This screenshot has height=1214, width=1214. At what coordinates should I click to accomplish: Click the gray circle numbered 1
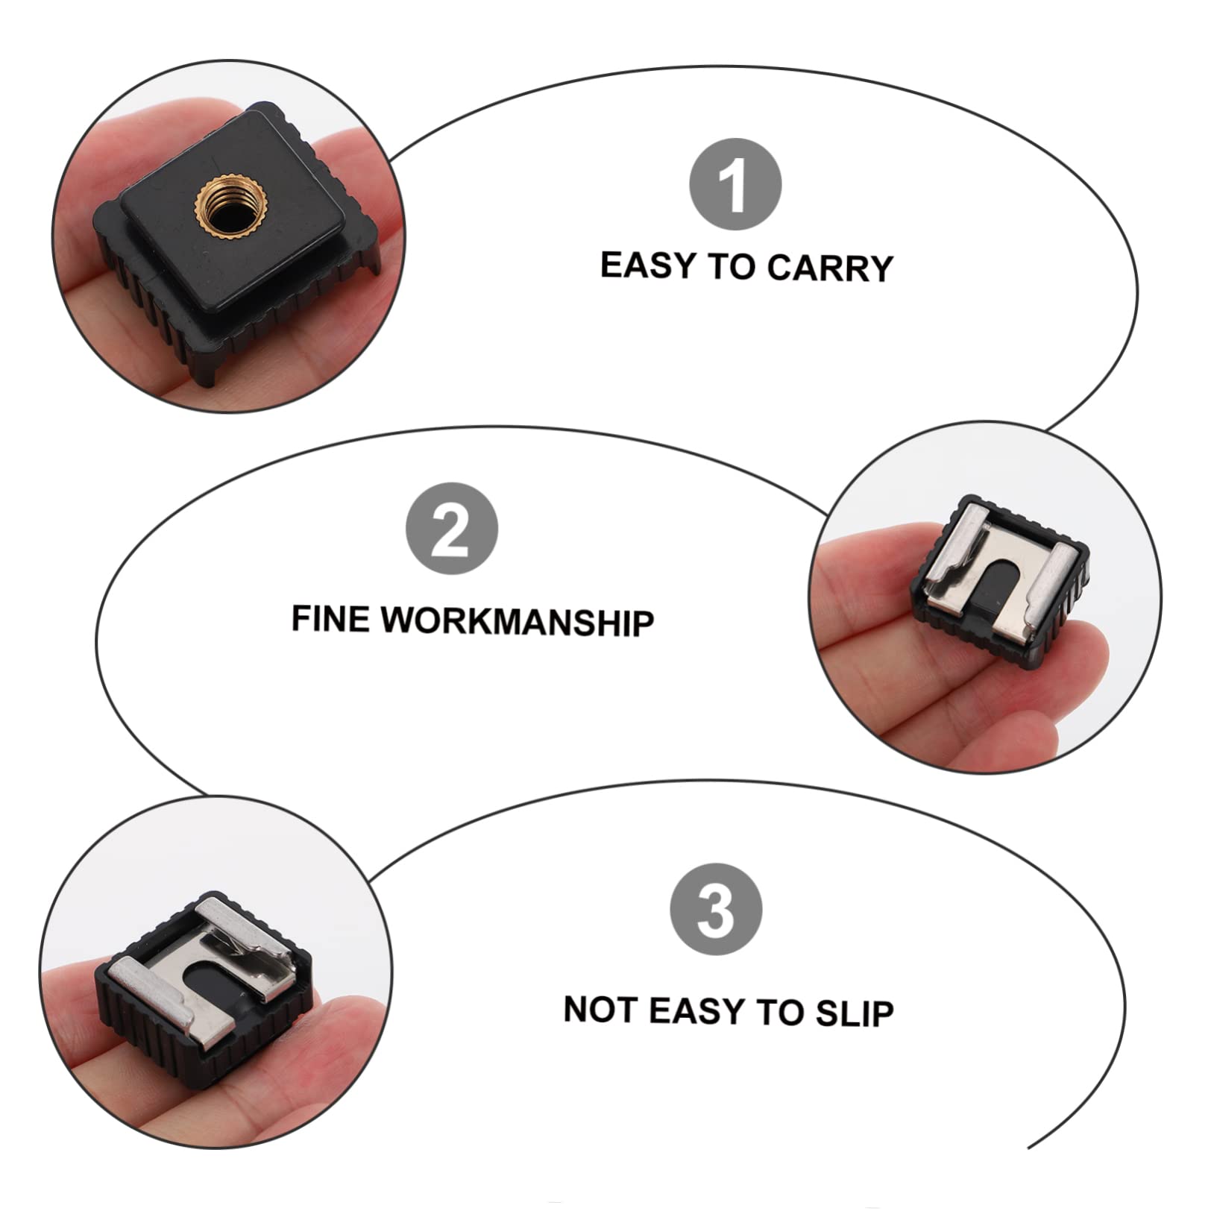pyautogui.click(x=735, y=184)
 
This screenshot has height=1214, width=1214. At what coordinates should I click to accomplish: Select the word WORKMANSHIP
pyautogui.click(x=518, y=621)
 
